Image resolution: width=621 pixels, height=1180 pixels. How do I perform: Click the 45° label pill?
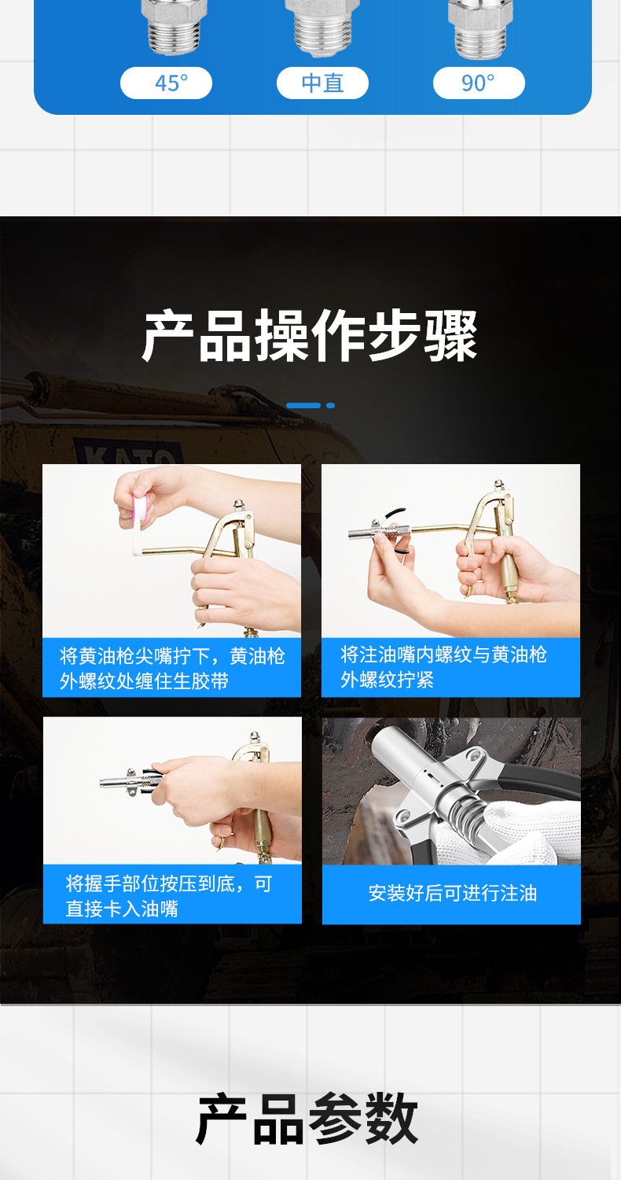[x=166, y=83]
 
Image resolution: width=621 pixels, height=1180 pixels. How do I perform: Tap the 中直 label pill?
[x=322, y=83]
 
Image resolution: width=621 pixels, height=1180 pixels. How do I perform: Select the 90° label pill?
[x=479, y=83]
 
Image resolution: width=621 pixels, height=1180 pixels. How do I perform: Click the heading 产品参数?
[x=307, y=1119]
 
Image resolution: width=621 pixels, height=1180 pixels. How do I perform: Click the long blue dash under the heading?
[x=303, y=406]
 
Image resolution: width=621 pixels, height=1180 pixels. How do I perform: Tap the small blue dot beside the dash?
[x=331, y=406]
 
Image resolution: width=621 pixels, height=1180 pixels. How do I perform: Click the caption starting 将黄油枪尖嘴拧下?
[x=171, y=668]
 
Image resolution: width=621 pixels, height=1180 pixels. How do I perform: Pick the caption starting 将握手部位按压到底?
[x=171, y=895]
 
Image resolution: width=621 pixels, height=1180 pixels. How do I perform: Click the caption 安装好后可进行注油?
[x=452, y=894]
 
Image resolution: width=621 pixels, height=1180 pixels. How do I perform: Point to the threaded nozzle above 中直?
[x=322, y=30]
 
